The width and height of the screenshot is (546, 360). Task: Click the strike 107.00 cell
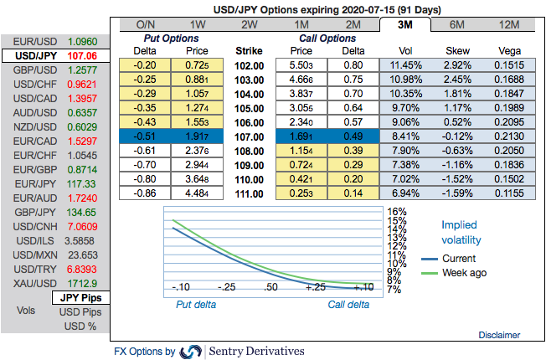[x=250, y=136]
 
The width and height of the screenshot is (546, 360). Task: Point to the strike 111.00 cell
[x=250, y=193]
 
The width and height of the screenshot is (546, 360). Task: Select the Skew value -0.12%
[x=457, y=136]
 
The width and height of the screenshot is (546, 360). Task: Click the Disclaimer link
[x=499, y=335]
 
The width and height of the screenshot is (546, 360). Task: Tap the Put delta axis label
[x=195, y=305]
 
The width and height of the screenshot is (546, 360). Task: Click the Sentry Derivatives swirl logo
[x=191, y=351]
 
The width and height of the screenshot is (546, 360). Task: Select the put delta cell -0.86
[x=144, y=193]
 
